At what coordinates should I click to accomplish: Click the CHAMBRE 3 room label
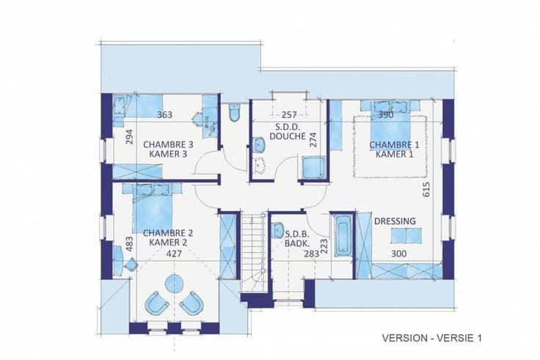(x=168, y=149)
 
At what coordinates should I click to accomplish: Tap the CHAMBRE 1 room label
(x=395, y=150)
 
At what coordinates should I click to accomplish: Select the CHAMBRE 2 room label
(x=168, y=238)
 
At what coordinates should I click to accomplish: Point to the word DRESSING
(x=395, y=221)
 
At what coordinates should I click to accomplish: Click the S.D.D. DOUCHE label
(x=288, y=131)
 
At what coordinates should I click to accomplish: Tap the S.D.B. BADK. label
(x=297, y=239)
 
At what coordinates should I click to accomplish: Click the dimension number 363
(x=164, y=114)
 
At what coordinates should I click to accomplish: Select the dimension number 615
(x=426, y=189)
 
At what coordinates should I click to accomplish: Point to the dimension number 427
(x=174, y=254)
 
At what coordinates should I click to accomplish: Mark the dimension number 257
(x=289, y=114)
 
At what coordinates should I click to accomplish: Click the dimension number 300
(x=399, y=254)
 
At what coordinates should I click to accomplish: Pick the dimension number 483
(x=129, y=243)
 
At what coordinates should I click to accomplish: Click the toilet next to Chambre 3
(x=234, y=112)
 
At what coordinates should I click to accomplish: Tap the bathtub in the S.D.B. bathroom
(x=343, y=235)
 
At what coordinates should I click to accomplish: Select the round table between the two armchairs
(x=175, y=283)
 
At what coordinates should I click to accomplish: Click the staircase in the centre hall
(x=253, y=252)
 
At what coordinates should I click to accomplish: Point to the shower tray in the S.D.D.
(x=313, y=168)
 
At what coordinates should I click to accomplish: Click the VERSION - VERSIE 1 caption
(x=432, y=338)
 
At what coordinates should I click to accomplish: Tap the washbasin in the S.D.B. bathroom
(x=277, y=231)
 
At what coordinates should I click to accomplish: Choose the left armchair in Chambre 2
(x=157, y=304)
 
